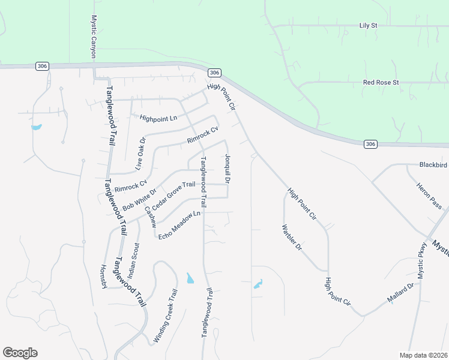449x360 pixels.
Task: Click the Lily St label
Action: (x=368, y=26)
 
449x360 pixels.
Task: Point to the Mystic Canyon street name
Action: (x=94, y=37)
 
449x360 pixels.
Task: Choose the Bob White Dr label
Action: (x=139, y=199)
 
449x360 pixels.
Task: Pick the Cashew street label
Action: (x=150, y=217)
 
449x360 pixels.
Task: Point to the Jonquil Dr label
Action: (x=228, y=168)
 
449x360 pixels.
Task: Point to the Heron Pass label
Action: (x=429, y=196)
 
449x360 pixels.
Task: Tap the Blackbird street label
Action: (x=433, y=164)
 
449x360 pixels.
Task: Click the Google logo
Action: (x=20, y=353)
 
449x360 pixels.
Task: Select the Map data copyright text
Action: (x=424, y=355)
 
